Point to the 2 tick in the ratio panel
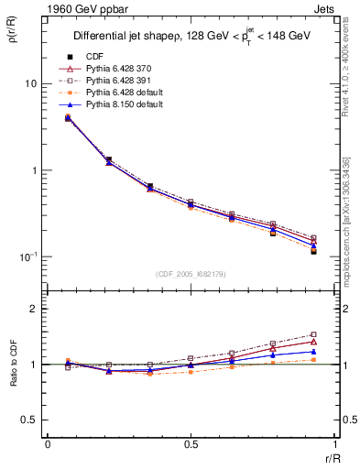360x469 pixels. [x=33, y=310]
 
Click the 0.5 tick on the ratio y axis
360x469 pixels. [x=29, y=420]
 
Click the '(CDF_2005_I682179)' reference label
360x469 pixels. [x=191, y=274]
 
